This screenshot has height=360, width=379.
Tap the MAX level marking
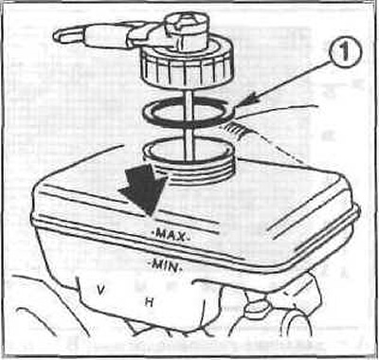pos(171,235)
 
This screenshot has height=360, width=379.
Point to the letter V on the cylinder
pos(100,290)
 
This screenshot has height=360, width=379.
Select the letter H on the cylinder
pos(149,303)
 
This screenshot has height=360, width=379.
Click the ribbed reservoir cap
pos(187,67)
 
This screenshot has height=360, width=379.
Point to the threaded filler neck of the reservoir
pos(189,163)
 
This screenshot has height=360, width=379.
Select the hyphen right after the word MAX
pos(189,237)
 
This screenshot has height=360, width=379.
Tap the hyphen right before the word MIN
pos(151,262)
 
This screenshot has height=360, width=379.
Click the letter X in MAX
pos(181,237)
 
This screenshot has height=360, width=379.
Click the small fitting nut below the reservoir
pos(259,306)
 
